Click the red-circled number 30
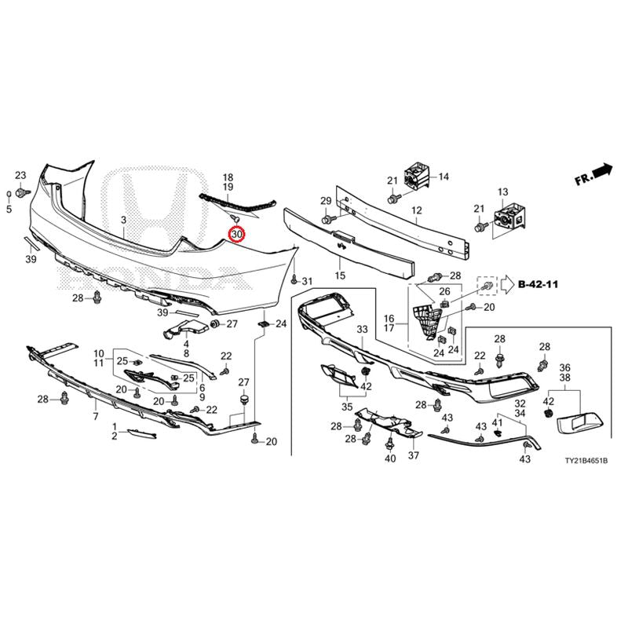pos(237,234)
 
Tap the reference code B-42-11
pos(538,284)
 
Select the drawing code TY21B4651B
pos(586,461)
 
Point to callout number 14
pos(444,177)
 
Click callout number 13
pos(502,192)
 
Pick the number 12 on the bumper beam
pos(417,210)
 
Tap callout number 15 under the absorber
pos(340,276)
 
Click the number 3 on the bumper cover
pos(124,220)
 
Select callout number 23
pos(20,175)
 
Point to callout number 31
pos(307,282)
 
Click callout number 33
pos(362,329)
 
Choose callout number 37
pos(414,455)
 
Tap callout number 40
pos(390,458)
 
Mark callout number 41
pos(497,422)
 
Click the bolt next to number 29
pos(327,220)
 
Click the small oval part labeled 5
pos(9,195)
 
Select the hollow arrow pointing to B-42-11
pos(507,284)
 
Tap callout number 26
pos(444,291)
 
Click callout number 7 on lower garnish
pos(96,417)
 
